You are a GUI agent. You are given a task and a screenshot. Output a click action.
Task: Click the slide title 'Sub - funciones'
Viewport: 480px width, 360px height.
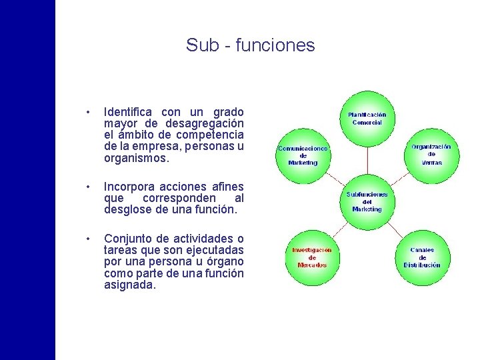[250, 45]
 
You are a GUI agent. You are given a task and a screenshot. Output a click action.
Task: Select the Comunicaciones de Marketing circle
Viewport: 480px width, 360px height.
[303, 155]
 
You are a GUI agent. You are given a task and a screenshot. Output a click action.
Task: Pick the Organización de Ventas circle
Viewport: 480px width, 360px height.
[431, 154]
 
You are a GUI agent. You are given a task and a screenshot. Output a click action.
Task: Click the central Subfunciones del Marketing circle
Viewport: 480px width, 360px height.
[367, 201]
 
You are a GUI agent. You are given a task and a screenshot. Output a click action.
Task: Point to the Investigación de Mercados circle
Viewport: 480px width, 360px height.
[311, 257]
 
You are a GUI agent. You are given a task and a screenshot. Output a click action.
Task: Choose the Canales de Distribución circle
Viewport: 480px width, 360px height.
[422, 257]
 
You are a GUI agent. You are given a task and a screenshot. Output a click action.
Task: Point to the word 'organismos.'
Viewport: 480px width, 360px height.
[137, 159]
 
